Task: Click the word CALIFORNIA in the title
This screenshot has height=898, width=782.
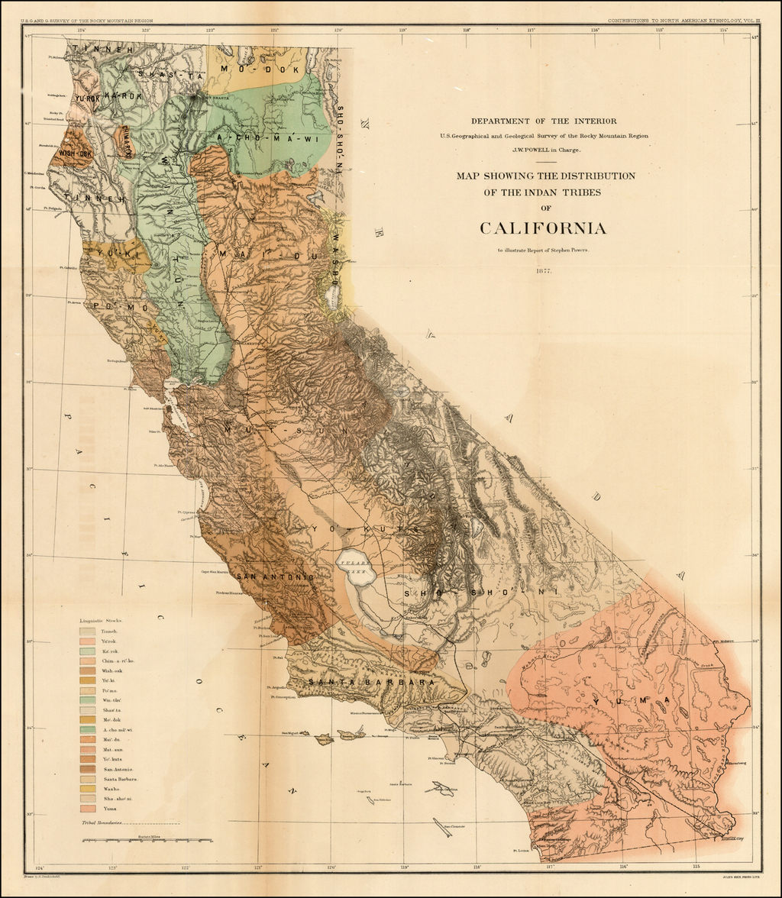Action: (543, 228)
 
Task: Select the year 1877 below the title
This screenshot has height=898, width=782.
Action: (543, 270)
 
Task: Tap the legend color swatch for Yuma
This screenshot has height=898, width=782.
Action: (88, 808)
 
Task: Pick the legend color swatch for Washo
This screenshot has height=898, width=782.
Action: (88, 788)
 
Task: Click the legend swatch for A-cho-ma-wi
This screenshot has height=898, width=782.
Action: (88, 729)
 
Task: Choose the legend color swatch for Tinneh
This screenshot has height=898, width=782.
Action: (88, 632)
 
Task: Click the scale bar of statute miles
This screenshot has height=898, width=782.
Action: (145, 841)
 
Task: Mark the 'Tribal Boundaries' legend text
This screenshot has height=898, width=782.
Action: (102, 823)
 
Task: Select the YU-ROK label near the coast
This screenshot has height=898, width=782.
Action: (87, 98)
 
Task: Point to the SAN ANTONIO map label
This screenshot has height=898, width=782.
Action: (274, 577)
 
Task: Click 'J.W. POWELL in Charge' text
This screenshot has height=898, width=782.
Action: (543, 150)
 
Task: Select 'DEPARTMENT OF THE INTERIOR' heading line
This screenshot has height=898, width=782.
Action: (543, 121)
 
